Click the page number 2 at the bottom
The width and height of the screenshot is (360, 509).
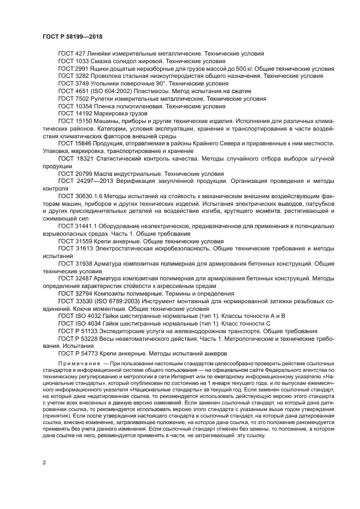point(44,461)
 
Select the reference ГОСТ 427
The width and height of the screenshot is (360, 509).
point(72,54)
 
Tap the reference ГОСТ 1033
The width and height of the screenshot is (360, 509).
point(74,62)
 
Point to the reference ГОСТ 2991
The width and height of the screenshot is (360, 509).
point(74,69)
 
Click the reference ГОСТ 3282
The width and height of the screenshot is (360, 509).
point(74,77)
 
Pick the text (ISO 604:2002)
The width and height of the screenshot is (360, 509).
point(114,92)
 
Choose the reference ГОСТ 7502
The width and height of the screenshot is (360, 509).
point(74,100)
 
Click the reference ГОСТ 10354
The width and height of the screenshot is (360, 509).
point(76,107)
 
